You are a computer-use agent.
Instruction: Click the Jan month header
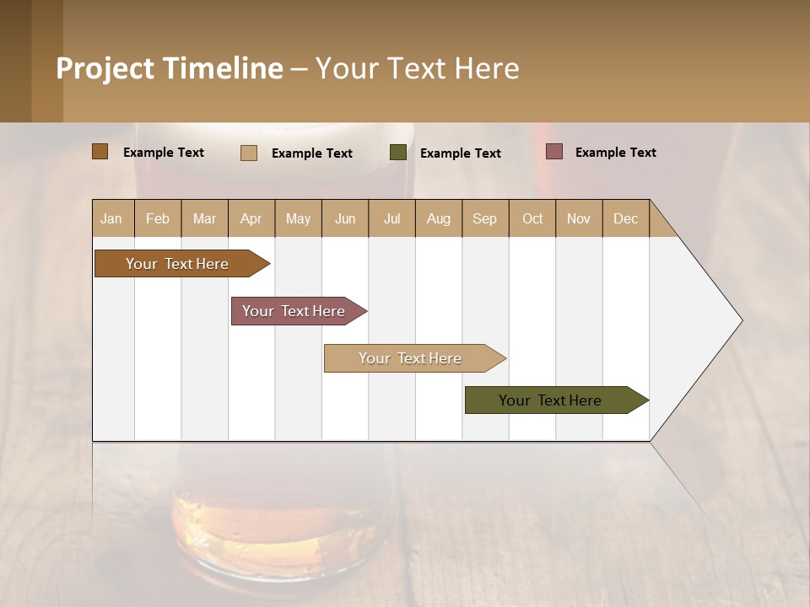pyautogui.click(x=111, y=218)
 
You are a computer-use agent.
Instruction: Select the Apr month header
pyautogui.click(x=251, y=218)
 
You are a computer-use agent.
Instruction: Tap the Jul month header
pyautogui.click(x=391, y=218)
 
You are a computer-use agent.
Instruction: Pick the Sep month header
pyautogui.click(x=484, y=218)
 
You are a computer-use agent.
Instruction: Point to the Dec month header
pyautogui.click(x=625, y=218)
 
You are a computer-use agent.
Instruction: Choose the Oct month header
pyautogui.click(x=532, y=218)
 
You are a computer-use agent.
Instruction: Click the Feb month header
pyautogui.click(x=158, y=218)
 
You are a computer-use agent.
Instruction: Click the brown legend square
pyautogui.click(x=100, y=152)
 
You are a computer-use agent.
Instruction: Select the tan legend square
pyautogui.click(x=249, y=153)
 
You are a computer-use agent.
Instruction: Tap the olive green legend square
pyautogui.click(x=398, y=153)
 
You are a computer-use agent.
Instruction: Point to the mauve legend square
pyautogui.click(x=553, y=152)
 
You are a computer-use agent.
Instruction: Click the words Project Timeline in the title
pyautogui.click(x=170, y=68)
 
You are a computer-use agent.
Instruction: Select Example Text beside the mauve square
pyautogui.click(x=615, y=153)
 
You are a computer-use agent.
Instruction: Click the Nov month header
pyautogui.click(x=579, y=218)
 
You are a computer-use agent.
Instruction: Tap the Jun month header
pyautogui.click(x=345, y=218)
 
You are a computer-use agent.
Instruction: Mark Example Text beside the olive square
pyautogui.click(x=460, y=153)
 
